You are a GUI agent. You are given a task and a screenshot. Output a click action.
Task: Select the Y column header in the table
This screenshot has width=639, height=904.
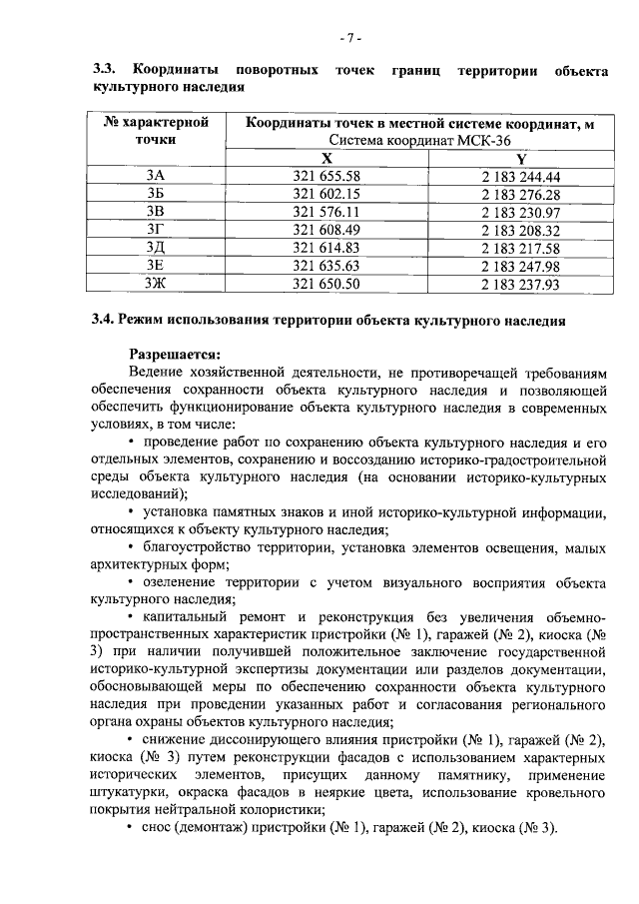point(520,158)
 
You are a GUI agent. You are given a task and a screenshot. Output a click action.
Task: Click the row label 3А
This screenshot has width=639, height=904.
point(155,176)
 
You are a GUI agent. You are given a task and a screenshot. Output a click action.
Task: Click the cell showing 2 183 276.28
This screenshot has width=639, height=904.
point(520,194)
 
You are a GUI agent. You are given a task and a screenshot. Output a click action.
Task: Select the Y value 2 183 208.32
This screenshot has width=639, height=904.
point(520,230)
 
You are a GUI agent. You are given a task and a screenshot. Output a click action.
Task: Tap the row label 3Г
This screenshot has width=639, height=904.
point(155,230)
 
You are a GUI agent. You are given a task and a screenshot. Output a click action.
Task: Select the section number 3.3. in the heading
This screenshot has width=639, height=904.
point(105,70)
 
